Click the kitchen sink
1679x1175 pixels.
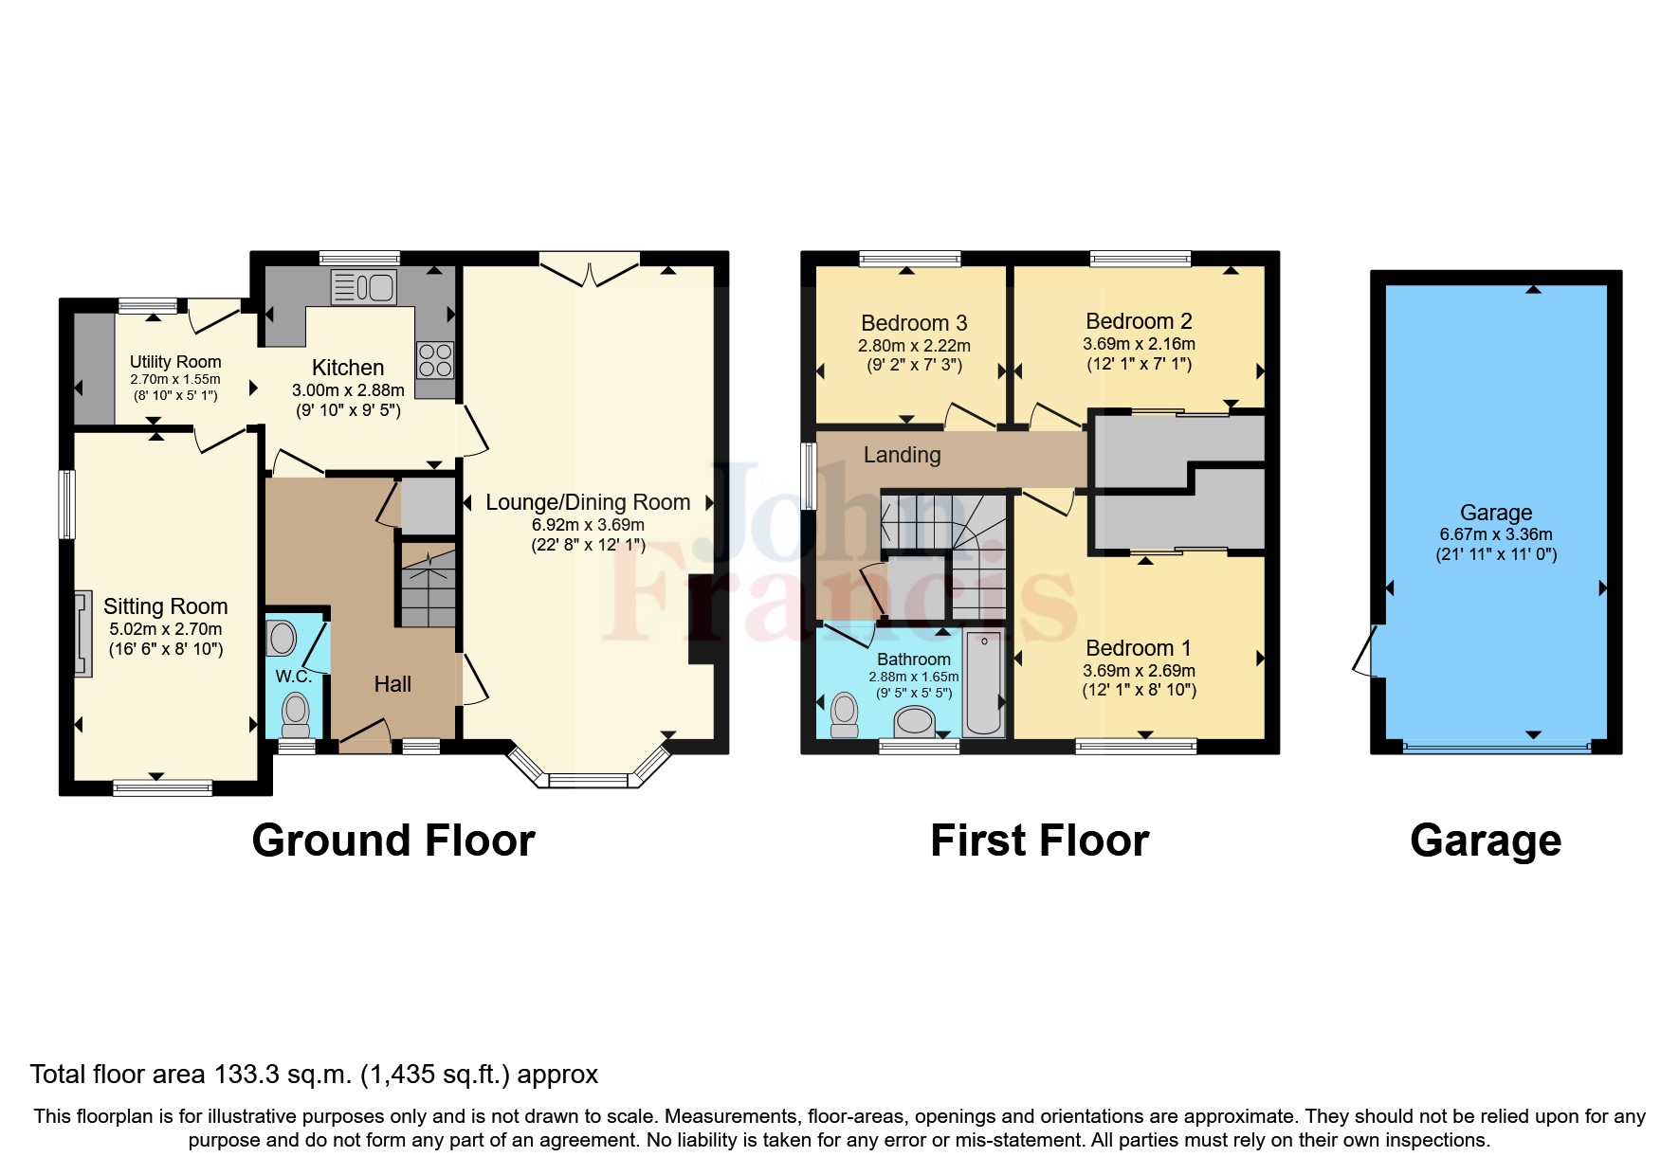click(364, 287)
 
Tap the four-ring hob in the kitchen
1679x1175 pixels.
click(435, 360)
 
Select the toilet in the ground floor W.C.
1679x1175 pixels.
click(296, 715)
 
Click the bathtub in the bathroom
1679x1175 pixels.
click(984, 682)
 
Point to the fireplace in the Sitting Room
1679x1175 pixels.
click(83, 633)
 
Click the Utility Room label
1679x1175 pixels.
click(175, 362)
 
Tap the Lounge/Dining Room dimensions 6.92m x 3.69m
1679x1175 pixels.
click(588, 525)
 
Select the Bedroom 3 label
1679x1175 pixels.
click(914, 323)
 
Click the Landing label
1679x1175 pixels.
click(902, 455)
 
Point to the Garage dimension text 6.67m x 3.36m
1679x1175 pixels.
click(1496, 534)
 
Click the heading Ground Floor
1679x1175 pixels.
click(393, 841)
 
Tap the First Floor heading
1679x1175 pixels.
click(1040, 841)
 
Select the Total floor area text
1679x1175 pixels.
click(314, 1075)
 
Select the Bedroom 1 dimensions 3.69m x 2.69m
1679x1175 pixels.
click(1139, 671)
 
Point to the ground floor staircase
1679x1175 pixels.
click(428, 583)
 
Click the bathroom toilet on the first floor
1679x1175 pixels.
click(844, 715)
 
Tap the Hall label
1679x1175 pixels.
click(392, 684)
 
